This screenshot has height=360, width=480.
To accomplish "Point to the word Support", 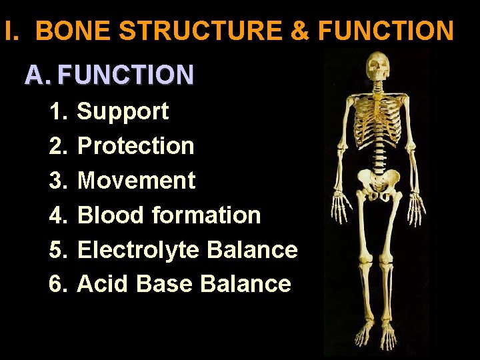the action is click(123, 111).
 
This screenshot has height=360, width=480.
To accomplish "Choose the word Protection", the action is click(135, 146).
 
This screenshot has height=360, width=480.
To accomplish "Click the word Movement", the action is click(136, 181).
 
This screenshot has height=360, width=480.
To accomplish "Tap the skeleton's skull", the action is click(377, 67).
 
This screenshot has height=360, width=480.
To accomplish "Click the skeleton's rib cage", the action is click(378, 117).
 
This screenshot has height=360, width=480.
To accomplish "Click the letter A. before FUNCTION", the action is click(37, 75).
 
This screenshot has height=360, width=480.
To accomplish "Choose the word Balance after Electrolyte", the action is click(252, 250).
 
